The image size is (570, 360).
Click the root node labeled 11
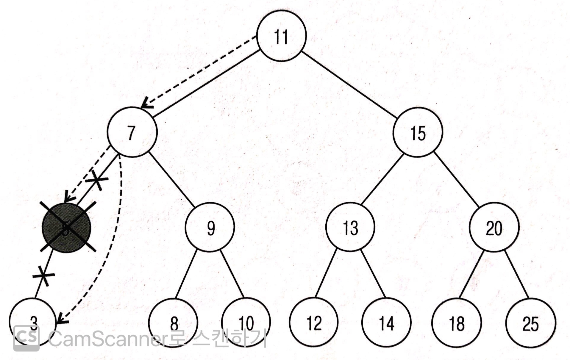(x=281, y=36)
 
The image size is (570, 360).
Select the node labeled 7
(x=132, y=132)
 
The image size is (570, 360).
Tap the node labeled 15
(x=418, y=132)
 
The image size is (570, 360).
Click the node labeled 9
(x=210, y=228)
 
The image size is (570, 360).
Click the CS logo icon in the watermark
(x=26, y=338)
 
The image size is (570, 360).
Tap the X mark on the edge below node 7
(x=97, y=179)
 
